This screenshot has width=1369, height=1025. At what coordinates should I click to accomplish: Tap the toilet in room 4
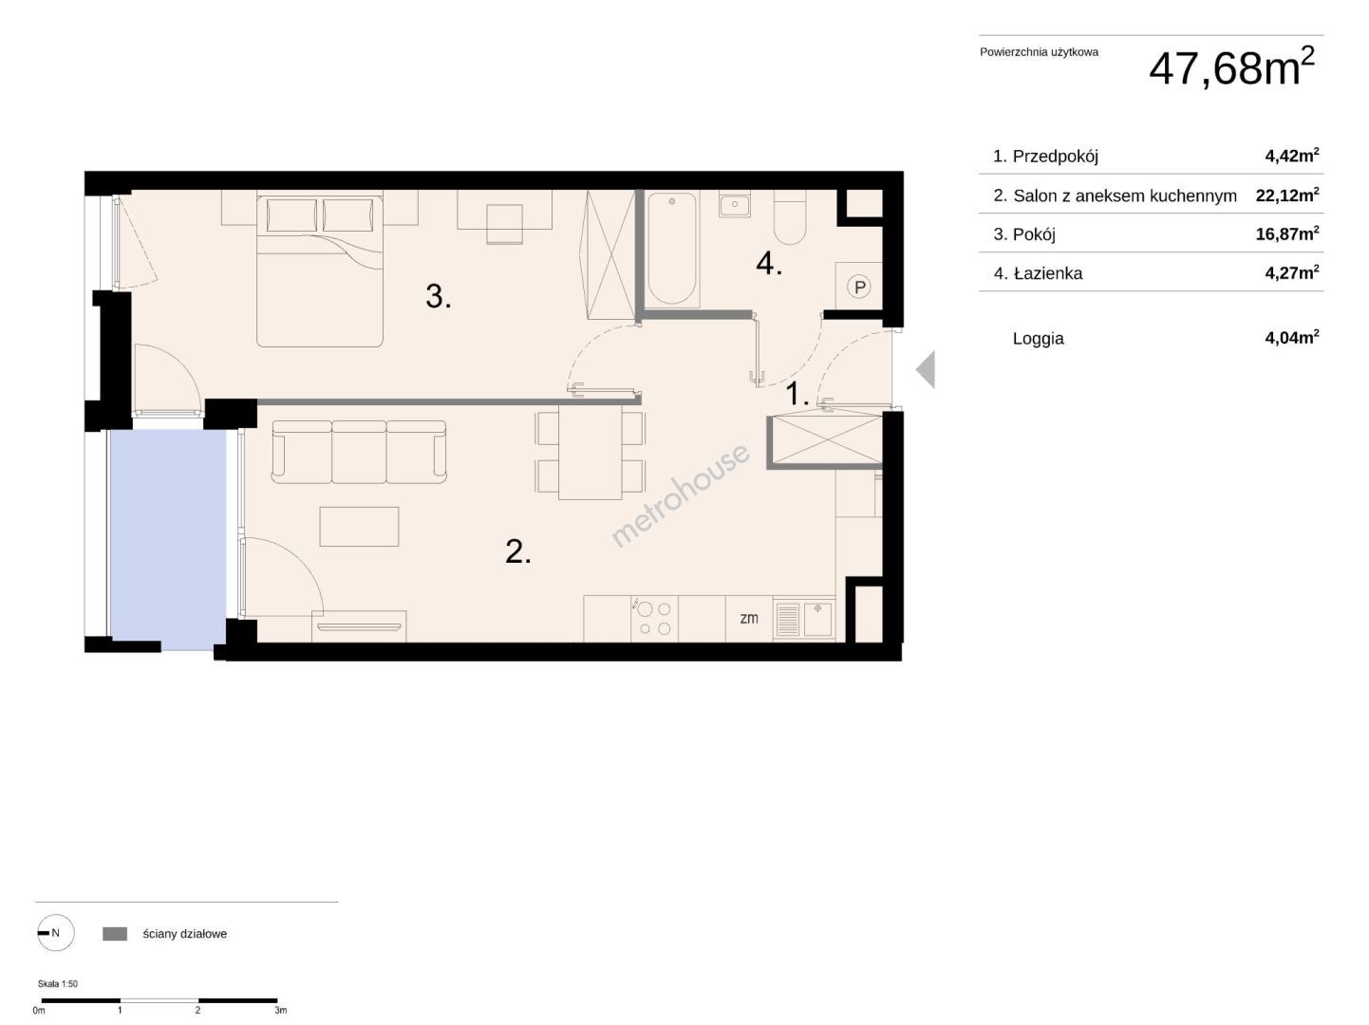[790, 217]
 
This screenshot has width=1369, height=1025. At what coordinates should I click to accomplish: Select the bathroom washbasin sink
[735, 203]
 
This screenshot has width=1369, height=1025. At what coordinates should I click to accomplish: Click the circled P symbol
[859, 287]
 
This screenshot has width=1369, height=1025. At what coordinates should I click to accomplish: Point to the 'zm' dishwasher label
[748, 618]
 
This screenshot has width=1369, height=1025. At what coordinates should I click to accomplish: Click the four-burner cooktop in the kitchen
[654, 619]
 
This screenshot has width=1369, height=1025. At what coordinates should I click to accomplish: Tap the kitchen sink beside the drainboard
[817, 618]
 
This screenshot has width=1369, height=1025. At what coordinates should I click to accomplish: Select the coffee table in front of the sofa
[359, 526]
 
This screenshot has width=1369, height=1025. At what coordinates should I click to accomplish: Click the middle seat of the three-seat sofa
[359, 452]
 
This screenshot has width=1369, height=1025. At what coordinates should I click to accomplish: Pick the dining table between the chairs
[590, 452]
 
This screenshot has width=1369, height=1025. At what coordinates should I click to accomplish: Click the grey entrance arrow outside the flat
[926, 370]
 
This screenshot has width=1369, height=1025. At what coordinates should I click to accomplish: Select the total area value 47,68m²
[1231, 67]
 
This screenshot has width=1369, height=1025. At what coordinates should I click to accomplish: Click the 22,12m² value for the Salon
[1286, 196]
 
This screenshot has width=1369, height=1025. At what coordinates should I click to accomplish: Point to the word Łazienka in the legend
[1048, 273]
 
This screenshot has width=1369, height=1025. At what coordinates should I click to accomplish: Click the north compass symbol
[55, 933]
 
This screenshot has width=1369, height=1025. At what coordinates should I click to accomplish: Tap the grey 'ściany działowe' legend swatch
[115, 933]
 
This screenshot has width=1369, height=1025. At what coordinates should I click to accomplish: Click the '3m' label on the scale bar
[281, 1010]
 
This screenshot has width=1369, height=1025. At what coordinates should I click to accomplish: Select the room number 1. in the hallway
[797, 394]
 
